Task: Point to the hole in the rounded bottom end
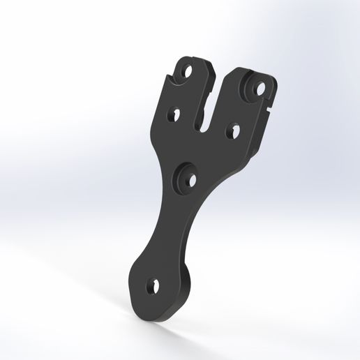point(153,285)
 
